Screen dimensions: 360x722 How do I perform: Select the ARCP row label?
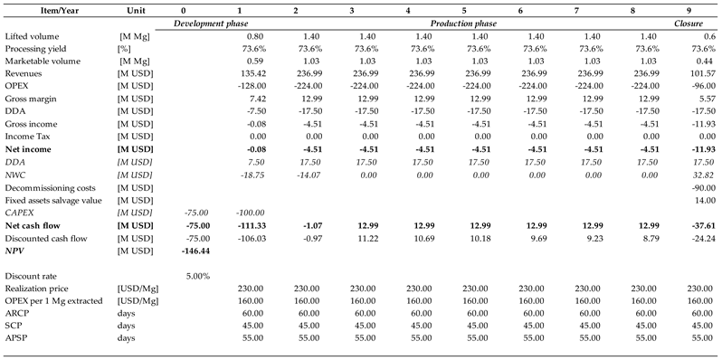coord(17,311)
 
